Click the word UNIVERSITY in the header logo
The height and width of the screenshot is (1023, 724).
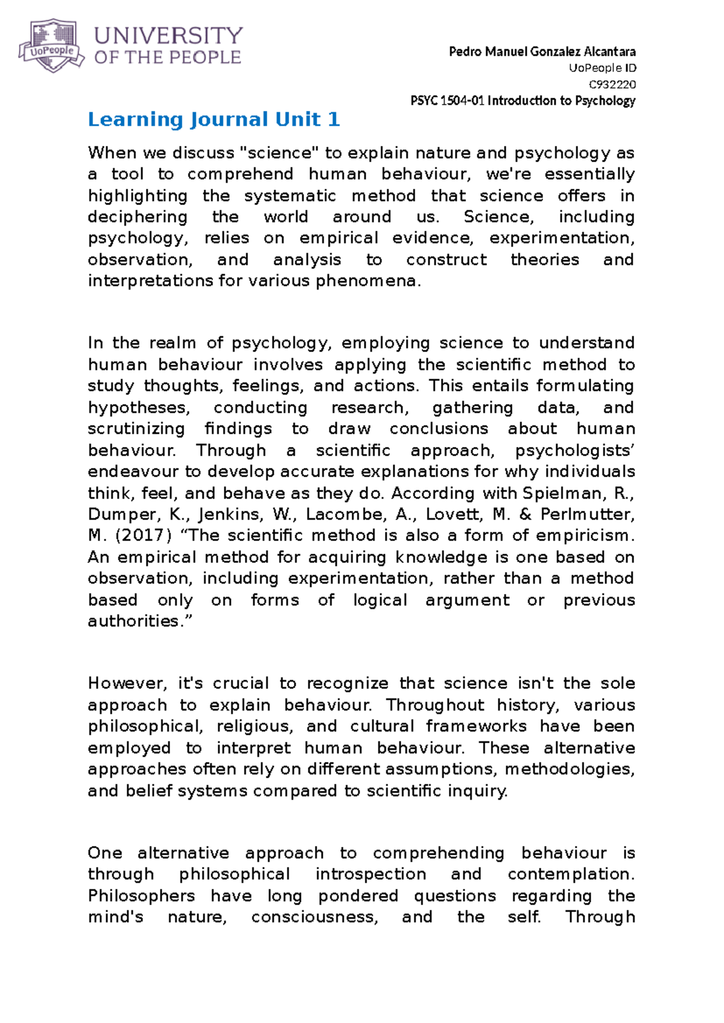pyautogui.click(x=168, y=36)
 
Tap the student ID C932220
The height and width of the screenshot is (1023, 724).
pyautogui.click(x=612, y=84)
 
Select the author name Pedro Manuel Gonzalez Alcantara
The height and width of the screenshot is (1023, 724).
pyautogui.click(x=542, y=52)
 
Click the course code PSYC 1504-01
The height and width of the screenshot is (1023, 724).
pyautogui.click(x=447, y=101)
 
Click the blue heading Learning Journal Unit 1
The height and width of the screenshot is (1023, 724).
pyautogui.click(x=214, y=119)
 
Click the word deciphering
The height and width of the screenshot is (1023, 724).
pyautogui.click(x=138, y=217)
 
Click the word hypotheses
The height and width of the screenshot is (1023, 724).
pyautogui.click(x=139, y=408)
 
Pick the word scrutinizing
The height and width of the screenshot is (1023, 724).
pyautogui.click(x=136, y=429)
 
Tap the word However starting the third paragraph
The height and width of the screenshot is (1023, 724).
pyautogui.click(x=126, y=683)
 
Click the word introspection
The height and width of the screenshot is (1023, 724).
pyautogui.click(x=370, y=874)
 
